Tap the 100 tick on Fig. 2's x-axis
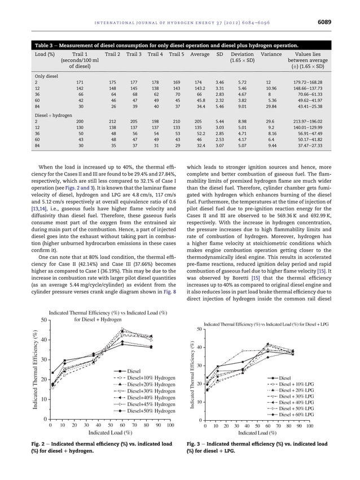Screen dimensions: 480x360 tap(170, 425)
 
